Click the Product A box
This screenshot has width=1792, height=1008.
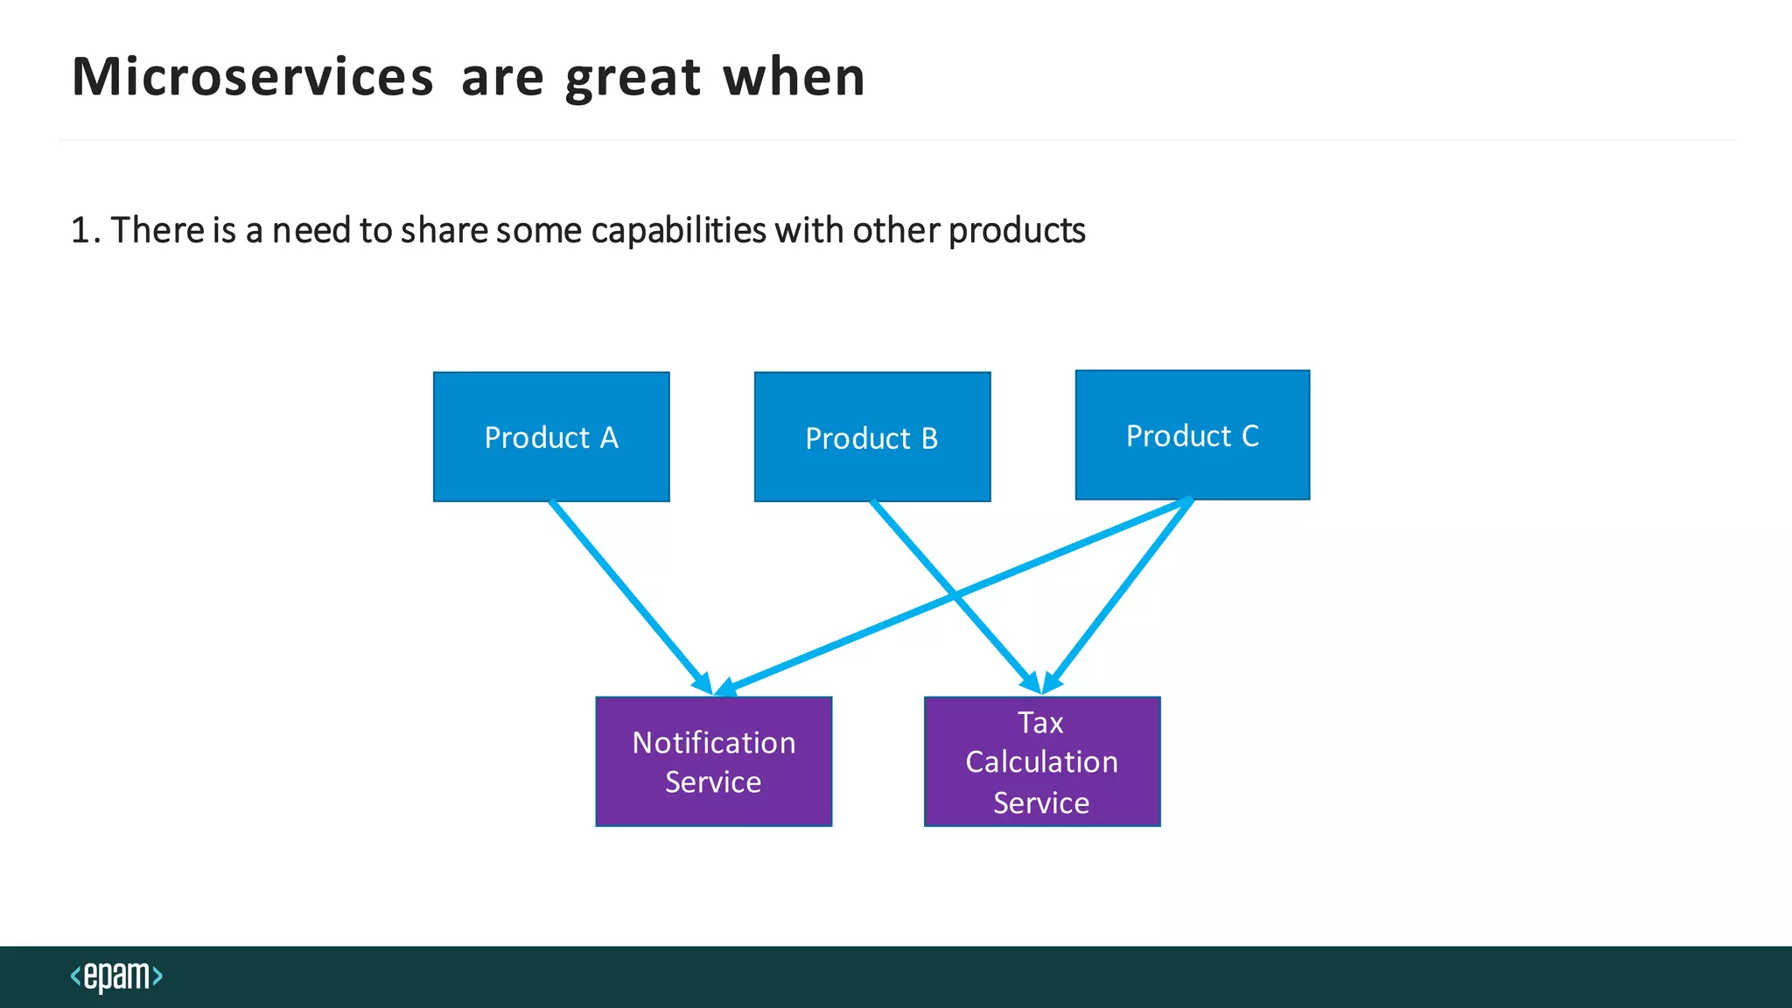click(x=551, y=437)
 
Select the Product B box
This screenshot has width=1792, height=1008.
click(x=872, y=437)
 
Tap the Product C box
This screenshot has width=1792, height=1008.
click(x=1193, y=435)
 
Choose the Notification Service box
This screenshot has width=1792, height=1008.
click(x=713, y=761)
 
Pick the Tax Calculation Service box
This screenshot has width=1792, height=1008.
click(x=1042, y=761)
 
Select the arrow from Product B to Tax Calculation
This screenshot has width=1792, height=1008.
click(x=919, y=555)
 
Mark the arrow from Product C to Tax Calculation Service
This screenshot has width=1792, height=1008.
click(x=1120, y=595)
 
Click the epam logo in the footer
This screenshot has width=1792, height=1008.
click(x=116, y=976)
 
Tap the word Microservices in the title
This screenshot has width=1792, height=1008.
click(x=252, y=77)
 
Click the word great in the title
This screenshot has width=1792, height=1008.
click(x=633, y=77)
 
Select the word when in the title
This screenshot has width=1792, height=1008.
click(x=794, y=77)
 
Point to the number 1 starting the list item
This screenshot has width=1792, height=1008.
click(x=80, y=230)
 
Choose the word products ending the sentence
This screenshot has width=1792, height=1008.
click(x=1017, y=230)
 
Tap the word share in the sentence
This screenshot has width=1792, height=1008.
click(x=444, y=230)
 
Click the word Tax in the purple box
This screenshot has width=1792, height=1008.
click(x=1040, y=723)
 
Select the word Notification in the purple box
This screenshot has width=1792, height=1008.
click(x=713, y=742)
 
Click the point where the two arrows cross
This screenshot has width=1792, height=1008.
click(x=955, y=596)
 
